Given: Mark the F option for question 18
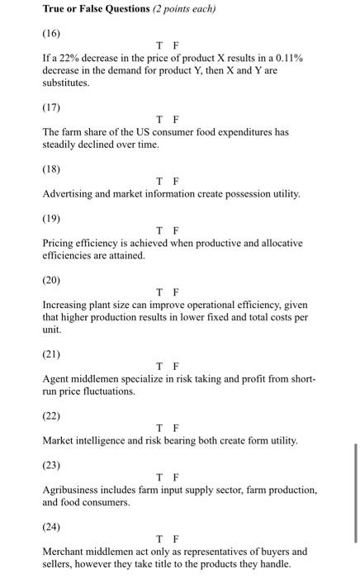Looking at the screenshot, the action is [x=176, y=181].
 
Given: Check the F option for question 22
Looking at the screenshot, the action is [x=176, y=428].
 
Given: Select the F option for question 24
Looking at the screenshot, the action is [x=176, y=538].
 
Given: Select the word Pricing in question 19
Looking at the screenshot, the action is [x=59, y=244].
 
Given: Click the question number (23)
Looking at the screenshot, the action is [x=51, y=464].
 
